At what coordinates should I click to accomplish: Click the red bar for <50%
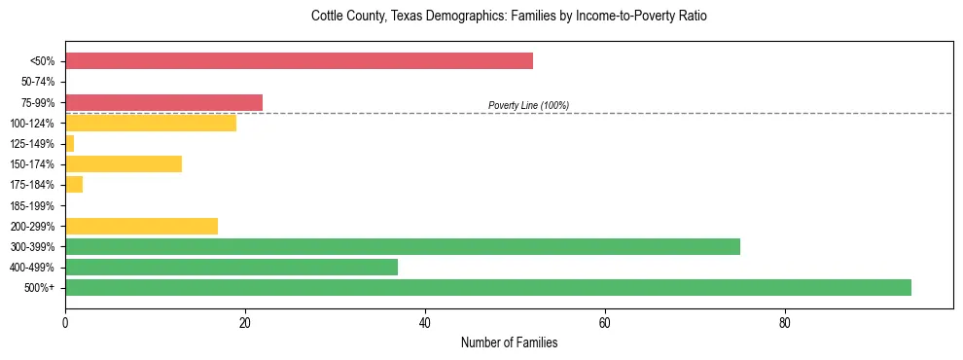pos(299,61)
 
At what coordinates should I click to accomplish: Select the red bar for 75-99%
pos(163,102)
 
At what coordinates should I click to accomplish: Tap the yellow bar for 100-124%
pos(151,123)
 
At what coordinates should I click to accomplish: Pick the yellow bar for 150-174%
pos(124,163)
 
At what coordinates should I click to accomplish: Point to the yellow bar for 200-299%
pos(141,226)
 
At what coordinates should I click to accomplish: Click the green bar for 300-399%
pos(403,246)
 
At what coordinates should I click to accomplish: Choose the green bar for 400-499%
pos(232,267)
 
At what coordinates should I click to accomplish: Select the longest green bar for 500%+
pos(488,287)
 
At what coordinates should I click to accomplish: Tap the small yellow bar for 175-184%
pos(74,184)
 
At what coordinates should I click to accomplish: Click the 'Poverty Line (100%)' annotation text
pos(528,105)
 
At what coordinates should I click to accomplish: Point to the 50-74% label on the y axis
pos(38,82)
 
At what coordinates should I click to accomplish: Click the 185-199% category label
pos(34,205)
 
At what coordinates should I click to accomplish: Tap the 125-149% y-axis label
pos(34,144)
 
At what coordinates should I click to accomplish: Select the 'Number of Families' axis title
pos(509,342)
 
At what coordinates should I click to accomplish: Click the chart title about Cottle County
pos(509,17)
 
